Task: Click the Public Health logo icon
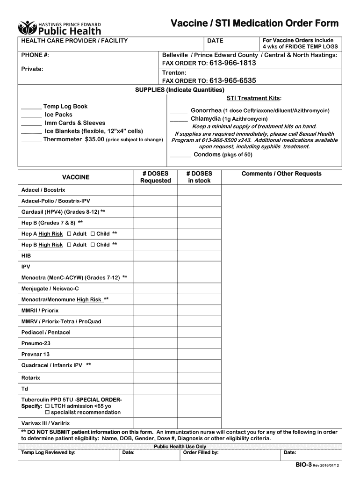click(x=27, y=28)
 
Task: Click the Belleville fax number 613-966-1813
click(x=232, y=63)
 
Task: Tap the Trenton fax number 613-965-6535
click(x=232, y=80)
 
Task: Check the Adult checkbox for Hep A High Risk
click(x=69, y=233)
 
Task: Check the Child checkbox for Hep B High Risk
click(x=93, y=245)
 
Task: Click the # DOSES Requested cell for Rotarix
click(x=155, y=377)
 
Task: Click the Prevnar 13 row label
click(x=36, y=355)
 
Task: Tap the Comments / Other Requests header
click(x=281, y=174)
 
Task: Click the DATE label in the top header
click(x=215, y=41)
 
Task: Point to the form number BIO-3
click(x=302, y=466)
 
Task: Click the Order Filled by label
click(x=201, y=453)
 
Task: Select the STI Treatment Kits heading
click(x=253, y=98)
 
